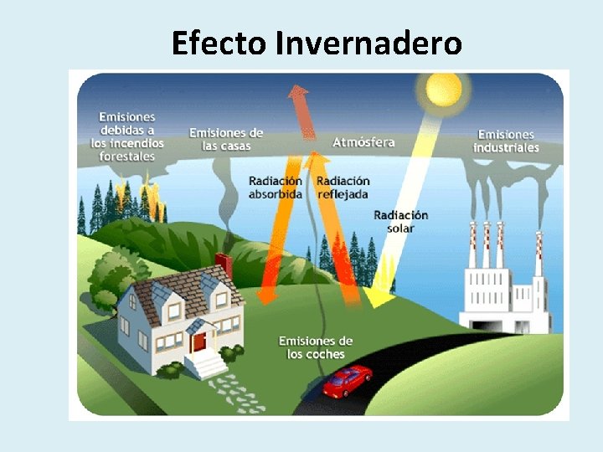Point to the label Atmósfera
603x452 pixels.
363,142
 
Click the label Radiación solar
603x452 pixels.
400,221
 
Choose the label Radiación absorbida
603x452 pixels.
275,187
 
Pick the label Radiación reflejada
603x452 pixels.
343,187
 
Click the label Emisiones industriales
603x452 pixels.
506,141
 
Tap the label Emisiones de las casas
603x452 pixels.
226,139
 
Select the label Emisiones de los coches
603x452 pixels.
315,347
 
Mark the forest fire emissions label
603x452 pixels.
127,136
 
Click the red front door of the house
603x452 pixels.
199,341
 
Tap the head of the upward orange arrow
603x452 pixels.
297,95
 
